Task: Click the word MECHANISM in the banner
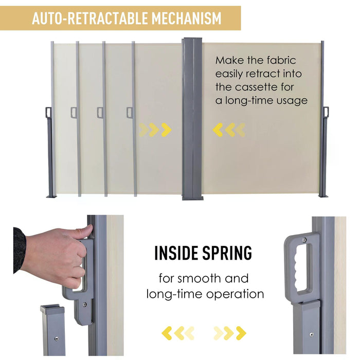pos(186,19)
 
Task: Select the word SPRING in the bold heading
pos(227,253)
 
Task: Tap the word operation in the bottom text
pos(235,295)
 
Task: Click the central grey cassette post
pos(192,119)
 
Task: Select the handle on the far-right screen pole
pos(326,113)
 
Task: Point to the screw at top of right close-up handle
pos(304,240)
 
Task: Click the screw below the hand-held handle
pos(85,304)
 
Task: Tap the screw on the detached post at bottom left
pos(57,338)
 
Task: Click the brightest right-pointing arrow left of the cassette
pos(166,130)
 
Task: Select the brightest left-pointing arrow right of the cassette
pos(218,130)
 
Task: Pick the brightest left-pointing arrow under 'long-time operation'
pos(167,333)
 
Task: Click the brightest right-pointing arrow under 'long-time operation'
pos(241,333)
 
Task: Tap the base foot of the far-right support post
pos(324,196)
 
